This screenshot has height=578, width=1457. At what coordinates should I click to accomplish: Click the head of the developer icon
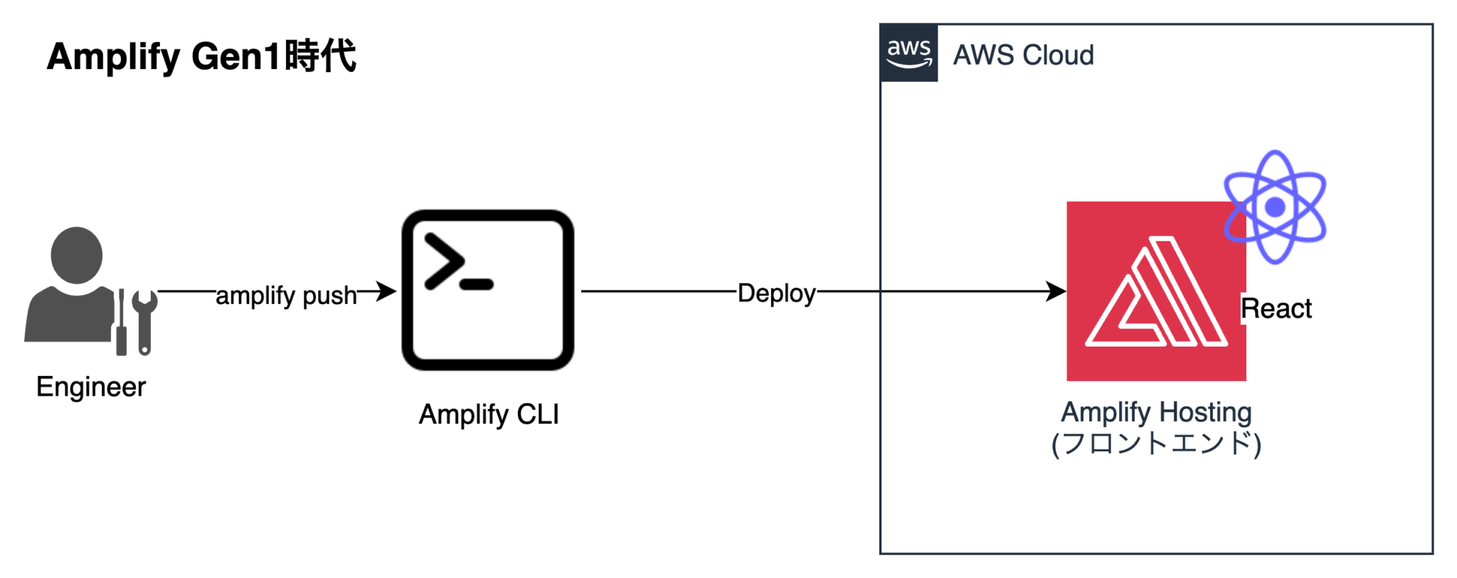point(77,255)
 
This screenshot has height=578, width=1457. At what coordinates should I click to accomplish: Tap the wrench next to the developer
point(144,320)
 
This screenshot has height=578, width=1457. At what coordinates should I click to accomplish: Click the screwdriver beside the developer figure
point(122,324)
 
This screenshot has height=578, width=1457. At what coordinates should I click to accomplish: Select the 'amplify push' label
point(286,295)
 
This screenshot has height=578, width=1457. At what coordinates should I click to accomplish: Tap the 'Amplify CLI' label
point(489,414)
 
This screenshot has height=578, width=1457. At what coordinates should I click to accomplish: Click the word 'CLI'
point(538,414)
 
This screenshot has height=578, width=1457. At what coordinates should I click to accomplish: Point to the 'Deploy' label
point(776,293)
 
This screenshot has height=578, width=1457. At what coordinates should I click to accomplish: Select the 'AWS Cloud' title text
point(1022,55)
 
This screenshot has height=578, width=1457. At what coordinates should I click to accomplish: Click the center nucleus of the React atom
point(1275,207)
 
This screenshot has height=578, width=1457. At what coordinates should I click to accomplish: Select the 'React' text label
point(1276,309)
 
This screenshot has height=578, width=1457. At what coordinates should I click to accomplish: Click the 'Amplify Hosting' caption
point(1156,412)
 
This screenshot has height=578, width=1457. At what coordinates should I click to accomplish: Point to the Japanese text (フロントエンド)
point(1156,443)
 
